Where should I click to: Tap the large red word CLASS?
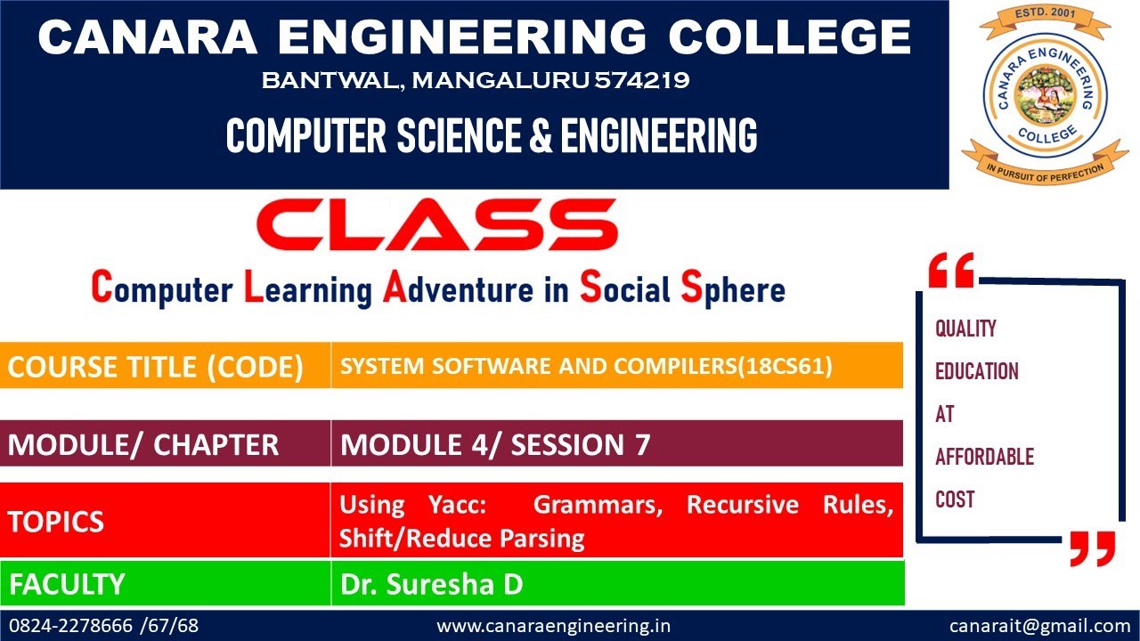[436, 224]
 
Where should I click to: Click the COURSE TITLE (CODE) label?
[155, 367]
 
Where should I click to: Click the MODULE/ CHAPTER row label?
[143, 444]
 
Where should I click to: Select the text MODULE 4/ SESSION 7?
[495, 444]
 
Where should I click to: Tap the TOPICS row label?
[56, 522]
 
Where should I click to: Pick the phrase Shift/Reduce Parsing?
[461, 539]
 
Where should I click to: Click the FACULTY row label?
[67, 584]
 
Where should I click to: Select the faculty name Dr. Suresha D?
[431, 584]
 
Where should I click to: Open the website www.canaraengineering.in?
[553, 626]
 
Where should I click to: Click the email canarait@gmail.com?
[1039, 626]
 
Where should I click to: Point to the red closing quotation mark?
[1092, 548]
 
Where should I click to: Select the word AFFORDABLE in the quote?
[984, 457]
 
